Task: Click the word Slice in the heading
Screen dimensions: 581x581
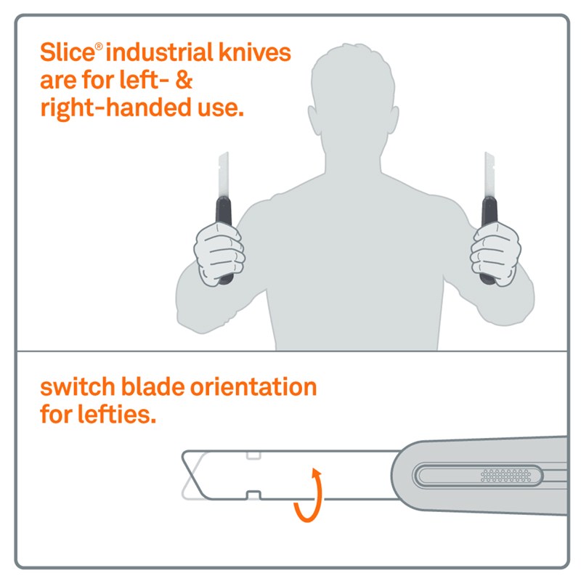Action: click(x=68, y=52)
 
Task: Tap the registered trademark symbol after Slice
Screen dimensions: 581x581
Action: click(x=99, y=46)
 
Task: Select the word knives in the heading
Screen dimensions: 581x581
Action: click(x=255, y=52)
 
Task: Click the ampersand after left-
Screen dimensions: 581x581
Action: click(x=184, y=80)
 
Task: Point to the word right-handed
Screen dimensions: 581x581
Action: click(x=115, y=108)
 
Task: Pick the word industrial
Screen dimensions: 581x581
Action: click(x=159, y=52)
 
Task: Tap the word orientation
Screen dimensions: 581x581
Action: click(x=253, y=387)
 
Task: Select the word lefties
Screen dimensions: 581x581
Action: click(x=116, y=414)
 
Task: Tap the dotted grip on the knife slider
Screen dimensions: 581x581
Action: click(x=505, y=476)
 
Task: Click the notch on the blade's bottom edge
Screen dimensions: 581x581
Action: click(x=253, y=495)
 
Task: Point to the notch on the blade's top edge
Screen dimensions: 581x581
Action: click(x=253, y=455)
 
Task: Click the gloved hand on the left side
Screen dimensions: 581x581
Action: click(x=219, y=253)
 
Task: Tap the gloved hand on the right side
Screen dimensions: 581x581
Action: click(x=495, y=253)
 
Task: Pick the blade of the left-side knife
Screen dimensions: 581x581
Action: click(x=223, y=174)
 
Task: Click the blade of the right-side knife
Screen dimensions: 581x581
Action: click(x=489, y=174)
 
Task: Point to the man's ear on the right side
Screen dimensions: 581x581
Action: click(x=394, y=119)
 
